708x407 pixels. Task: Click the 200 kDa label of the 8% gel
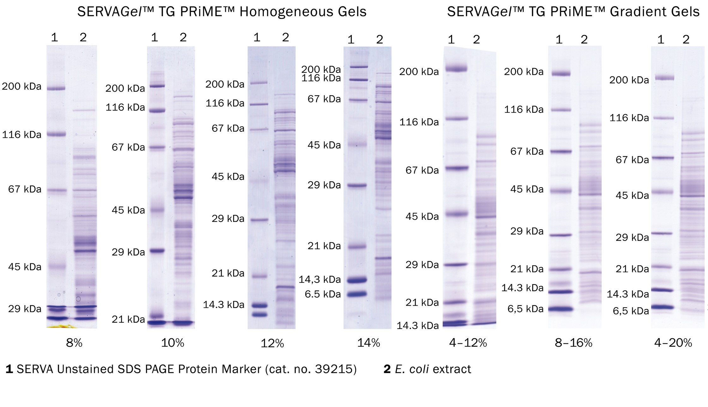tap(21, 86)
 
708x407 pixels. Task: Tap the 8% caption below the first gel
tap(74, 343)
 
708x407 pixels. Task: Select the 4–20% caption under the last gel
tap(673, 343)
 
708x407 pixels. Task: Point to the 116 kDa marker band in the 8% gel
tap(56, 134)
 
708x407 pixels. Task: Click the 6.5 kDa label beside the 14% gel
tap(323, 294)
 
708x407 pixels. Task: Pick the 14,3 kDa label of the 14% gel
tap(320, 279)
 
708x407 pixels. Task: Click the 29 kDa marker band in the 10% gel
tap(157, 251)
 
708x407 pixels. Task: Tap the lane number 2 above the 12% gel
tap(285, 38)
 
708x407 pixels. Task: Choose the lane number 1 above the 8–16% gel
tap(559, 39)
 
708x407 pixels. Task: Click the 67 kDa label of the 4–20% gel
tap(632, 160)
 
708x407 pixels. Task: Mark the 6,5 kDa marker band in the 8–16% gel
tap(560, 309)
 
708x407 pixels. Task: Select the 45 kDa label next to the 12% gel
tap(228, 177)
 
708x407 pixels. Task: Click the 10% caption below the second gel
tap(172, 343)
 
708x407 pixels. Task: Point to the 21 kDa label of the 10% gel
tap(128, 319)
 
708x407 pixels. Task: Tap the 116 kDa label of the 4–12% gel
tap(419, 122)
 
